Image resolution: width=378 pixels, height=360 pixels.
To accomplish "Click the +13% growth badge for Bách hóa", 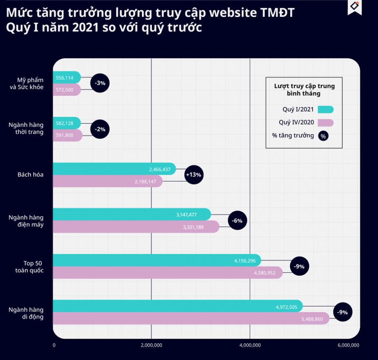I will (193, 175).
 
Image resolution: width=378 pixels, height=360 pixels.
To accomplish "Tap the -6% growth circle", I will (237, 220).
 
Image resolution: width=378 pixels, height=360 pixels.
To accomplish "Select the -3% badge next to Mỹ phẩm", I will (100, 83).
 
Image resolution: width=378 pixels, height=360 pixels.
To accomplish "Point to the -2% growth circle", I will (100, 129).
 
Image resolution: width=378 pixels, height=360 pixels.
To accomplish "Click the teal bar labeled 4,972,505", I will (178, 306).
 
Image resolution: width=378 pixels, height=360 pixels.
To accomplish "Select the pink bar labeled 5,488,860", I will (191, 318).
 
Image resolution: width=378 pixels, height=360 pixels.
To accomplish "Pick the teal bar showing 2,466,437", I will (114, 169).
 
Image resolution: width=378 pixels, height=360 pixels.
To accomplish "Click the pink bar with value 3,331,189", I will (136, 227).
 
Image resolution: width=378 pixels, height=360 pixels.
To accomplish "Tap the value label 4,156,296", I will (245, 260).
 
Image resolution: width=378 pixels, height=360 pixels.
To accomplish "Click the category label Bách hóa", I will (30, 175).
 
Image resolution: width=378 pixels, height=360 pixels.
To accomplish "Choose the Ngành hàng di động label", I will (26, 313).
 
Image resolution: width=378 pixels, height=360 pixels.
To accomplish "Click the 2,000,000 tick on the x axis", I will (151, 345).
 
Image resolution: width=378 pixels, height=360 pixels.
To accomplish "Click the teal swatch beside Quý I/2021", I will (325, 109).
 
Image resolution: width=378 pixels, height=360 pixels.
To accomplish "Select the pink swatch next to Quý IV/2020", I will (325, 122).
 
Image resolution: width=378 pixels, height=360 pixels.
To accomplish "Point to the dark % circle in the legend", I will (323, 136).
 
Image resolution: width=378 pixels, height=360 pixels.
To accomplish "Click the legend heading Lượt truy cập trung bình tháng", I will (304, 90).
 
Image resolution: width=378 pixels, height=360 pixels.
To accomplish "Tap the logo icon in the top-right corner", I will (355, 7).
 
